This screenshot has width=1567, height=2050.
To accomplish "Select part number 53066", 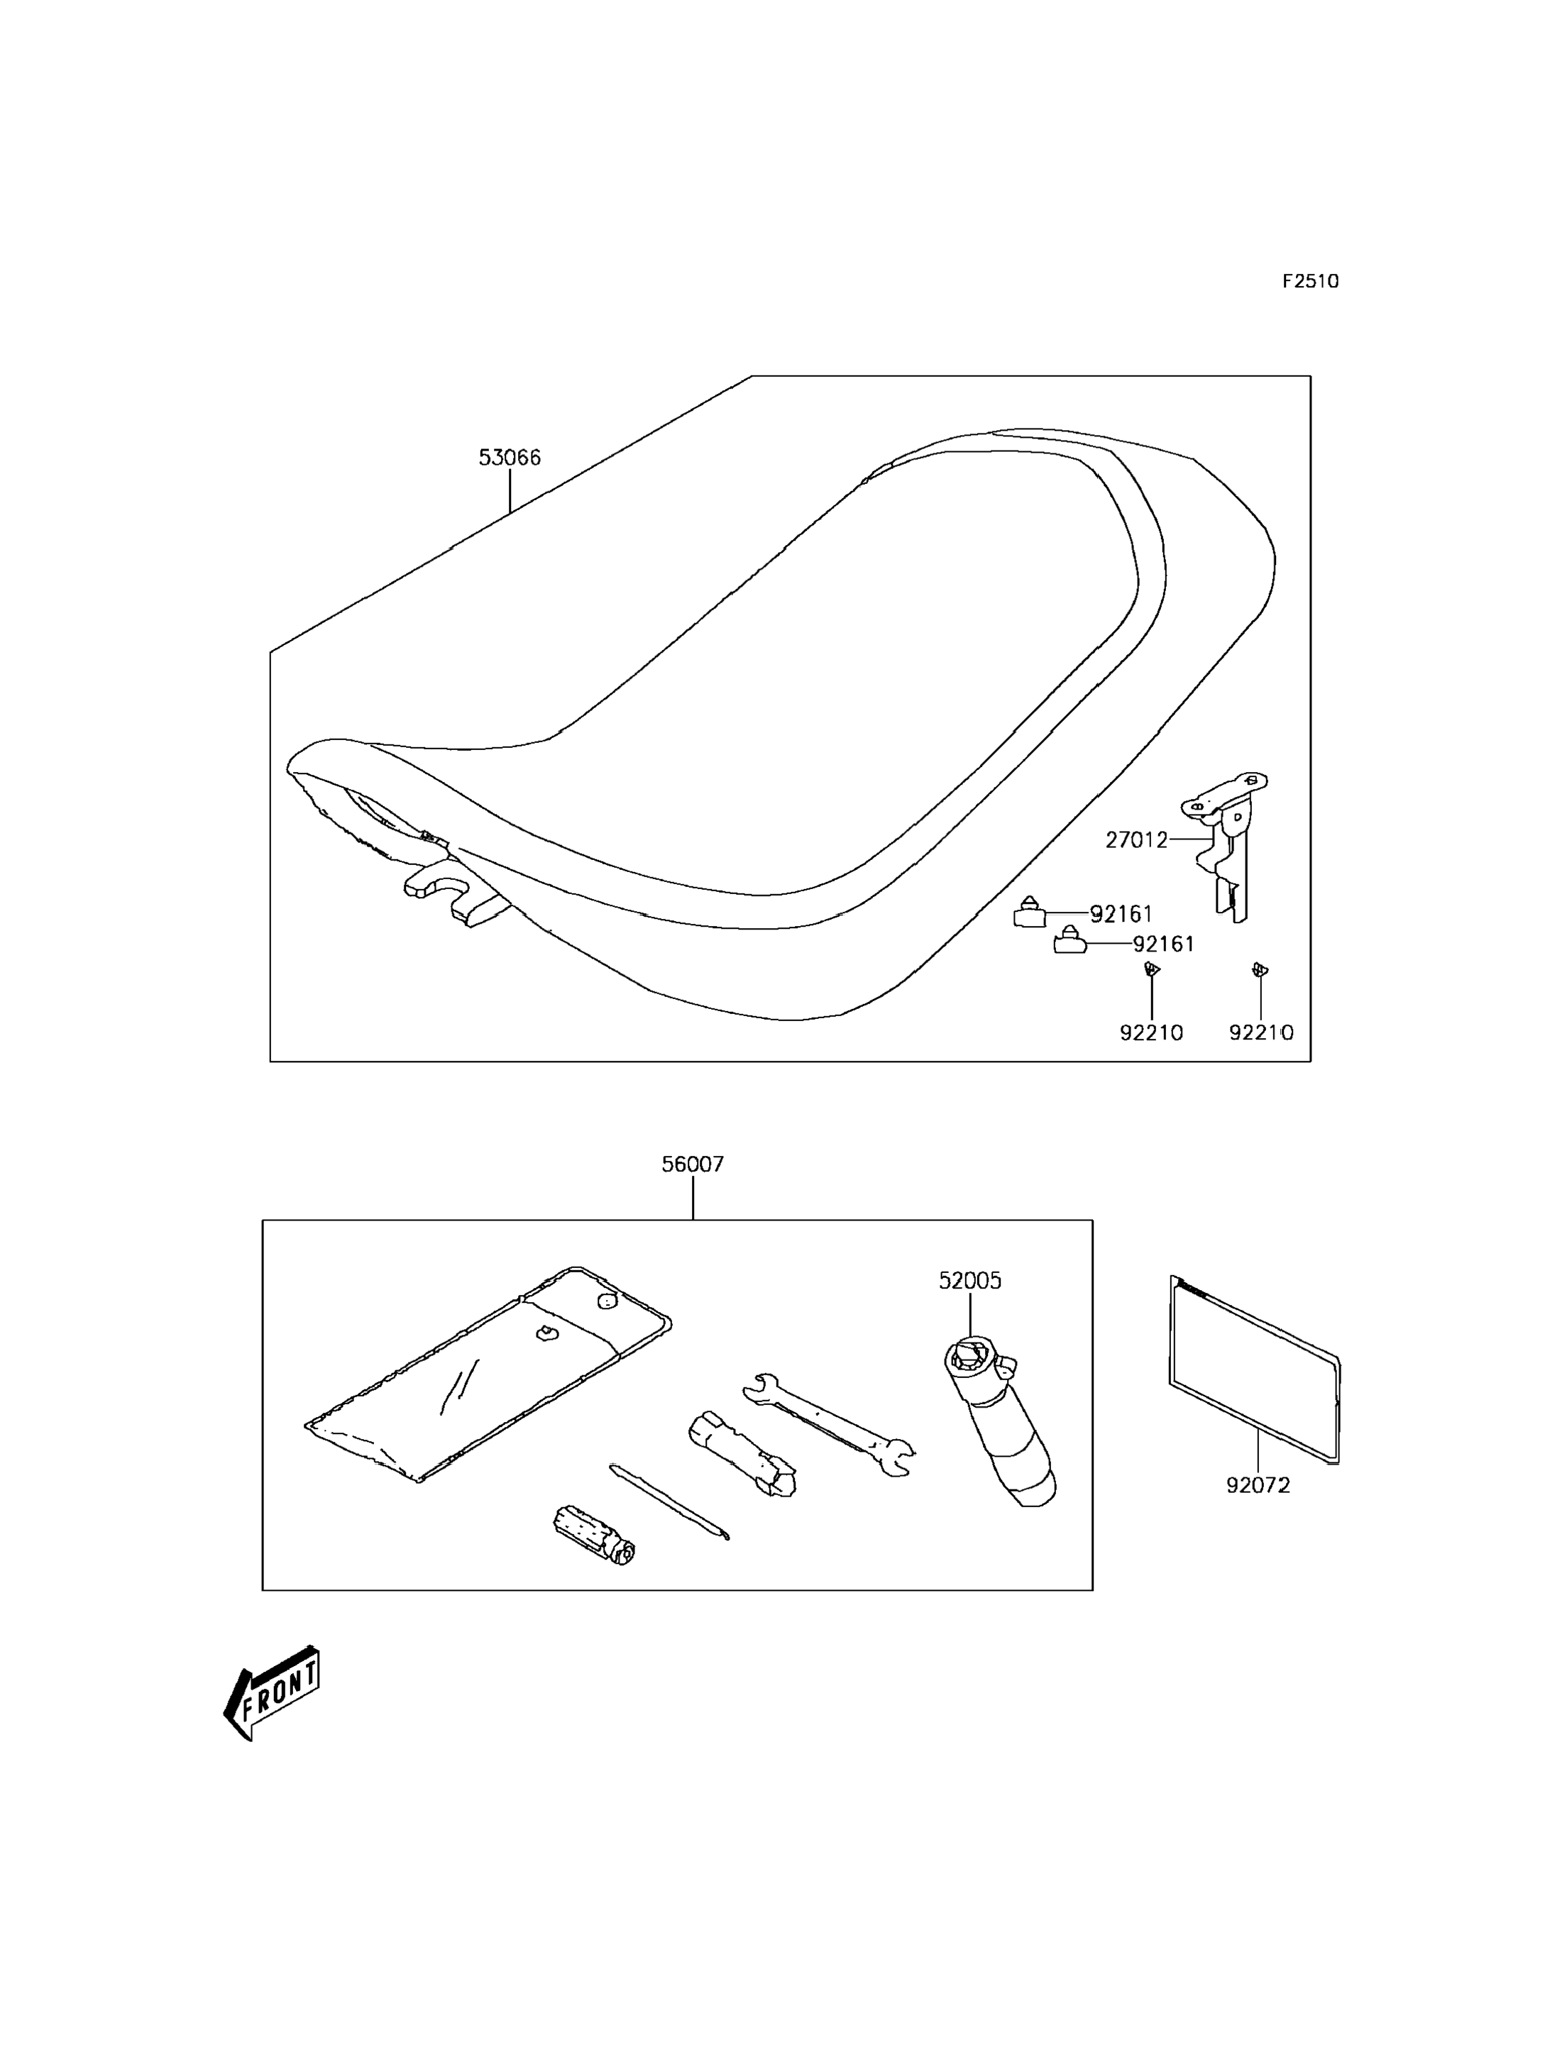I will [x=510, y=458].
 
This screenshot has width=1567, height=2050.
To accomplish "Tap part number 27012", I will [x=1136, y=840].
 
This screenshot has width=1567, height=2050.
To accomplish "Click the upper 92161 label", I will [x=1121, y=914].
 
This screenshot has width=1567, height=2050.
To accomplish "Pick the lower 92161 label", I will [x=1163, y=944].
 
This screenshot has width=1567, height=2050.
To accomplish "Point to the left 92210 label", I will [x=1151, y=1032].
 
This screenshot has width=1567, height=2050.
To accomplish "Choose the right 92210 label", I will [x=1261, y=1032].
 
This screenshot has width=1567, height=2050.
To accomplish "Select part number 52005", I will [x=970, y=1281].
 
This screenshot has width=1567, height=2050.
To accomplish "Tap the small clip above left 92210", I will [x=1152, y=970].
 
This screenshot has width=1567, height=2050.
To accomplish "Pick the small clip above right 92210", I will [x=1260, y=970].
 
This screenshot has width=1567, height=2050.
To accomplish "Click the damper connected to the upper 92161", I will [x=1030, y=913].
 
